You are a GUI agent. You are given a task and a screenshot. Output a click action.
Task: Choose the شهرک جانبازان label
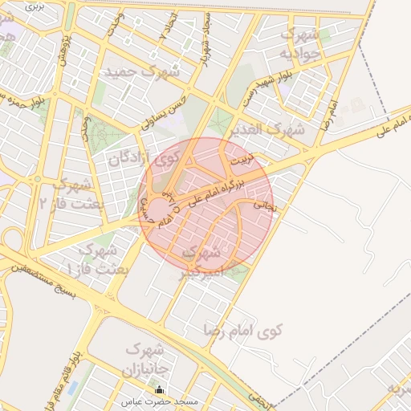(x=144, y=360)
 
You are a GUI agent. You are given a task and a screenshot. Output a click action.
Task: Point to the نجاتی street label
(x=264, y=205)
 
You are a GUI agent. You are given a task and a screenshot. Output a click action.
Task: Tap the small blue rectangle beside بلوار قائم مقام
(x=73, y=388)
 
